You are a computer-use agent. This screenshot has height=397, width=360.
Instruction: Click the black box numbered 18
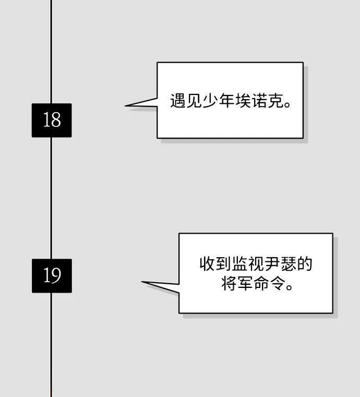pos(52,121)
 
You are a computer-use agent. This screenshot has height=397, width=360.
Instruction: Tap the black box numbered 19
pos(52,276)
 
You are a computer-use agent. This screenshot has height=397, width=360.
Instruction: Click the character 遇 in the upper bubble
pos(178,101)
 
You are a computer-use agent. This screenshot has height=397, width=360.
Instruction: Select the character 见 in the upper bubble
pos(194,101)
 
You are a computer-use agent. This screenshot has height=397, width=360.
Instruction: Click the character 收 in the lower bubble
pos(207,263)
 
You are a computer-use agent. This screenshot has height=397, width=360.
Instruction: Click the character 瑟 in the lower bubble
pos(289,263)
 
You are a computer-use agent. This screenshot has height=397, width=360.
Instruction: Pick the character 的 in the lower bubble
pos(305,263)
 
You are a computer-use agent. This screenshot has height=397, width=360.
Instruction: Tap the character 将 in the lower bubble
pos(230,283)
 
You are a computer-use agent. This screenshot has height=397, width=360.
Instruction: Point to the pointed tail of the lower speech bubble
pos(142,282)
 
